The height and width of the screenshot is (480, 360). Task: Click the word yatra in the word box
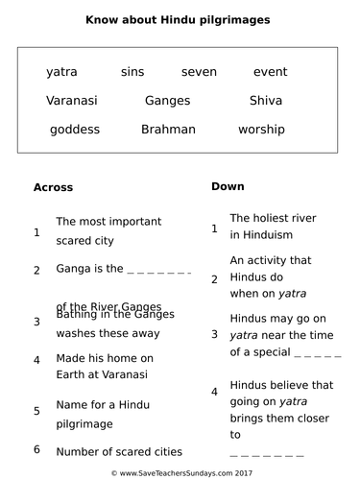tap(61, 72)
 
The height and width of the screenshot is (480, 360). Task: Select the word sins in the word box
tap(132, 72)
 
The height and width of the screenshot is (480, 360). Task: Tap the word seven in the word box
tap(198, 72)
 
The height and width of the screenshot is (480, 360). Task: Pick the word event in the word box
tap(270, 72)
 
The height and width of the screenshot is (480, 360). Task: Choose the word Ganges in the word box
tap(167, 100)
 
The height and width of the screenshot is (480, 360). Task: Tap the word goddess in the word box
tap(74, 129)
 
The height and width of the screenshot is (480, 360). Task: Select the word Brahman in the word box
tap(168, 129)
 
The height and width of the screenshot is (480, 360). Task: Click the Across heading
tap(53, 187)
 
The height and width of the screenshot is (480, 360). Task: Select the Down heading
tap(228, 186)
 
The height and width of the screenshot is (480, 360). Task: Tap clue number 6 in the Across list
tap(36, 449)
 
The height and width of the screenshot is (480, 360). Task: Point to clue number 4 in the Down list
tap(214, 392)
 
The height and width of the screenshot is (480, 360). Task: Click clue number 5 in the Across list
tap(36, 411)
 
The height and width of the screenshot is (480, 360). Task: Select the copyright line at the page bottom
tap(180, 472)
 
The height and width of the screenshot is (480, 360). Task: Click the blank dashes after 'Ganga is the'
tap(159, 270)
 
